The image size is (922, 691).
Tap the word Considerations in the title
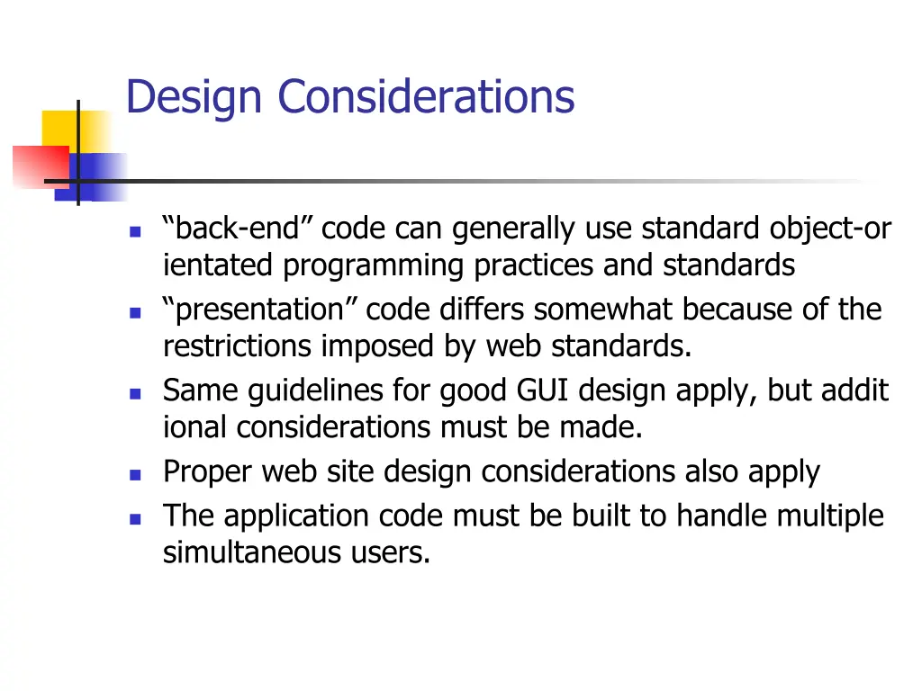(425, 96)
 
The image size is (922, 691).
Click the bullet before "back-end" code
(135, 231)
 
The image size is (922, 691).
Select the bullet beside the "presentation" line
(135, 313)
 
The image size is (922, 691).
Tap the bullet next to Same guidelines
(135, 393)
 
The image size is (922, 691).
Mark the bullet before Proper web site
(135, 474)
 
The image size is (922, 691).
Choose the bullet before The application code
(135, 519)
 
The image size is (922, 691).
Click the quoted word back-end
(238, 230)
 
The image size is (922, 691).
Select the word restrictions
(236, 346)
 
